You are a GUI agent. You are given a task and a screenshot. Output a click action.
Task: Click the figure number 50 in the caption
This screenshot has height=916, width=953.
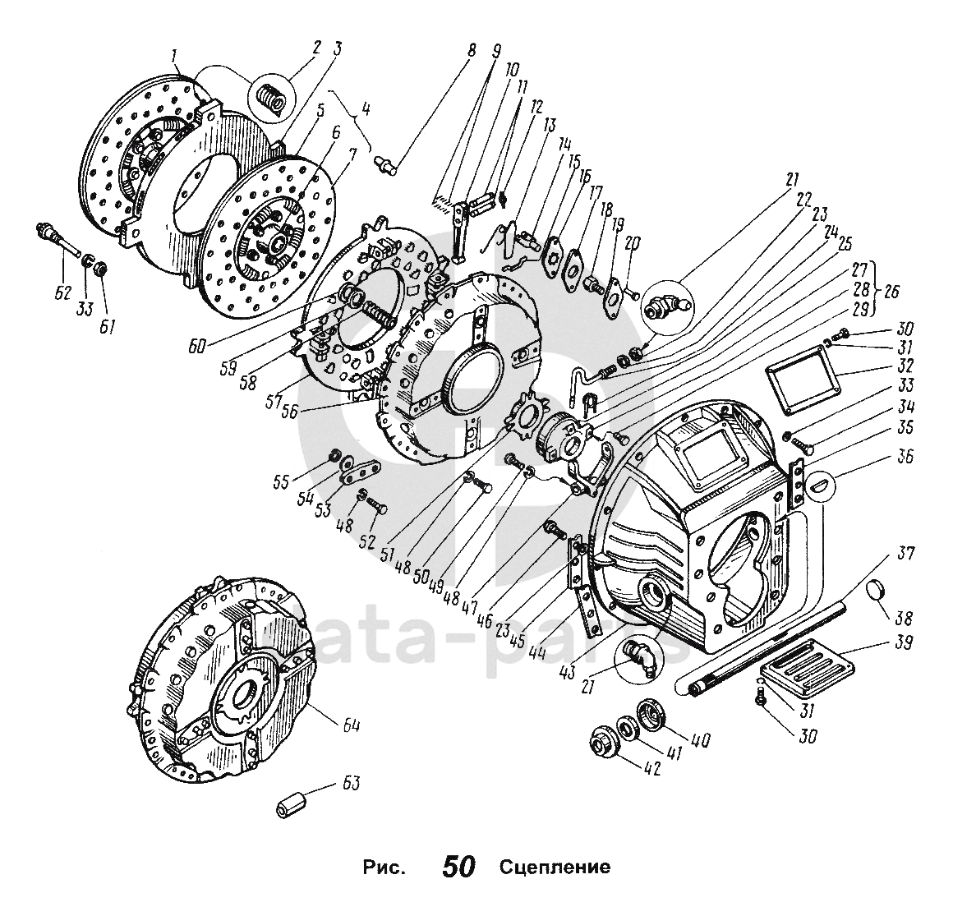(459, 867)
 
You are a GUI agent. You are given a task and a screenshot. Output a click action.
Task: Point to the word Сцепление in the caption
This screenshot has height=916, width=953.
(554, 868)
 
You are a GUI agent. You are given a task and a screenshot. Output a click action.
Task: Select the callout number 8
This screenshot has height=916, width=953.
(472, 49)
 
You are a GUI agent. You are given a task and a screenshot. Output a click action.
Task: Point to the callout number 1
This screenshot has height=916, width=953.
(173, 57)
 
